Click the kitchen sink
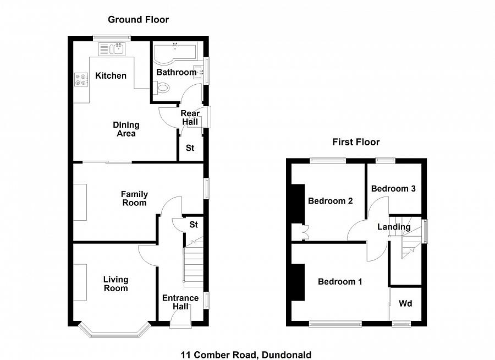[x=112, y=49]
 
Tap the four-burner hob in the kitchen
[x=81, y=79]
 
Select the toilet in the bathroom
[x=161, y=87]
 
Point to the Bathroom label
[x=176, y=72]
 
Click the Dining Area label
[x=126, y=129]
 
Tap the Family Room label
[x=134, y=199]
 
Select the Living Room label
[x=116, y=284]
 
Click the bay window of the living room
[x=114, y=332]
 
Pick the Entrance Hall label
[x=180, y=302]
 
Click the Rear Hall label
[x=190, y=118]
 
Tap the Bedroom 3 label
[x=393, y=189]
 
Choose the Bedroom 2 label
[x=330, y=201]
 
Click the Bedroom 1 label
[x=340, y=282]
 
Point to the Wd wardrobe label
[x=405, y=304]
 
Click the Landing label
[x=394, y=227]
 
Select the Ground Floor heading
[x=138, y=20]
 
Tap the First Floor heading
[x=356, y=142]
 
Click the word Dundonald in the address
[x=287, y=355]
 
